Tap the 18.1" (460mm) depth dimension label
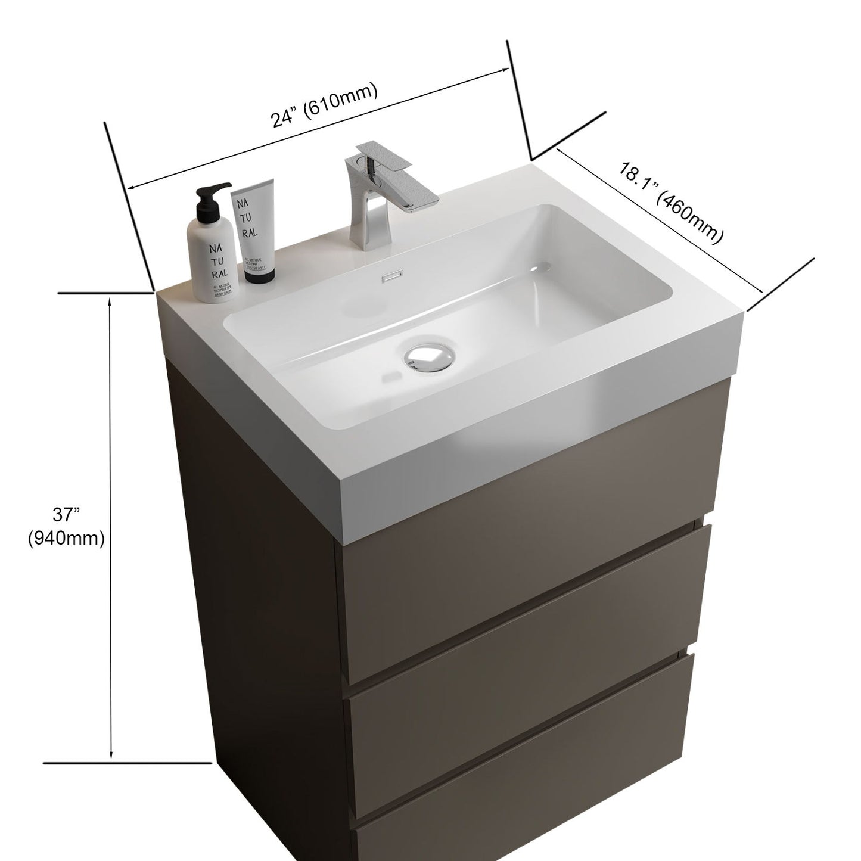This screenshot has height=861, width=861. (x=670, y=202)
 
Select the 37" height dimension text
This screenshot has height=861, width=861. (x=66, y=514)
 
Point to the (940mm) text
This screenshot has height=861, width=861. (x=66, y=539)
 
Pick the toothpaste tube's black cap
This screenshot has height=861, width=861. (x=259, y=273)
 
